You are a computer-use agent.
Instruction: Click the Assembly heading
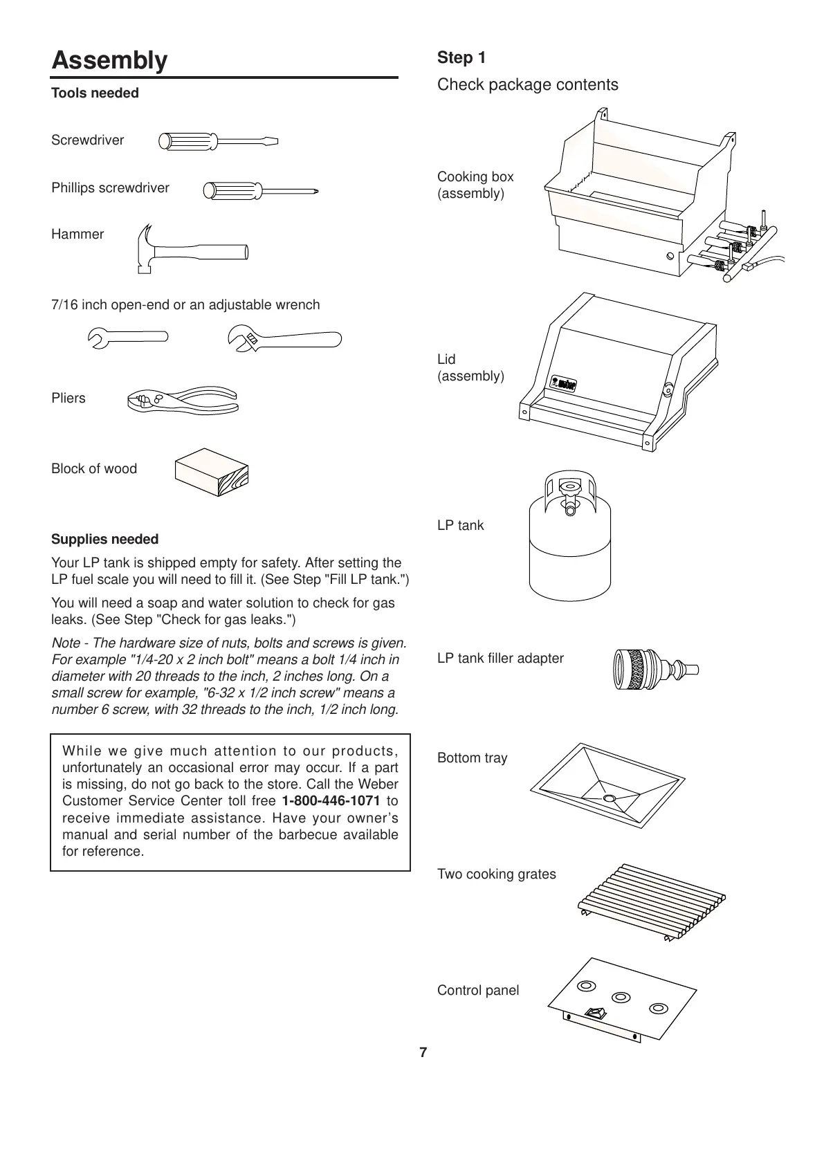pyautogui.click(x=109, y=61)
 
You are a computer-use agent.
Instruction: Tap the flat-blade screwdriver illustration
pyautogui.click(x=217, y=142)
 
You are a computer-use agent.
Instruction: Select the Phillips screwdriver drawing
pyautogui.click(x=260, y=190)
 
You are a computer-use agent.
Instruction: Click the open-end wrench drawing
pyautogui.click(x=128, y=337)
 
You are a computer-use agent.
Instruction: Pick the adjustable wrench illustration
pyautogui.click(x=284, y=339)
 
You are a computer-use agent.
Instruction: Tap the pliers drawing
pyautogui.click(x=183, y=401)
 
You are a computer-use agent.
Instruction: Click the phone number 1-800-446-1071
pyautogui.click(x=331, y=801)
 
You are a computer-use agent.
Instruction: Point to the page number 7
pyautogui.click(x=423, y=1052)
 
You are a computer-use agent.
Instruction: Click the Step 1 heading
pyautogui.click(x=461, y=58)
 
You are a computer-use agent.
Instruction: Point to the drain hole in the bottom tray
pyautogui.click(x=609, y=799)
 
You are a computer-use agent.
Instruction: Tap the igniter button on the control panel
pyautogui.click(x=594, y=1013)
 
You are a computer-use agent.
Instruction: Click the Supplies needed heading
pyautogui.click(x=105, y=540)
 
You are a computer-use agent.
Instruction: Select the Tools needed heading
pyautogui.click(x=95, y=93)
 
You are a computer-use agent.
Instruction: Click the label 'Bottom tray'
pyautogui.click(x=473, y=758)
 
